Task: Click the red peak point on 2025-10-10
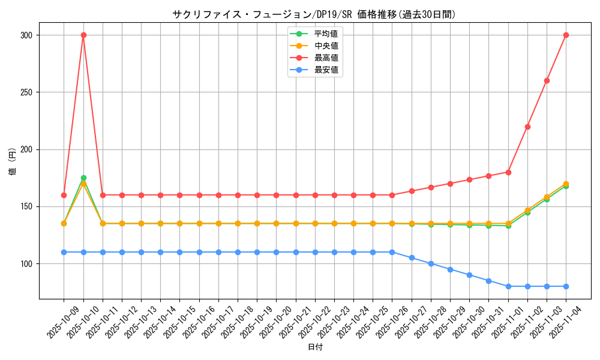[x=83, y=35]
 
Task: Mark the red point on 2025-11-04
[x=566, y=35]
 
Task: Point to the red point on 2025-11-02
[x=527, y=127]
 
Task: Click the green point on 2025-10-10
[x=83, y=178]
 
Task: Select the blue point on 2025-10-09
[x=64, y=252]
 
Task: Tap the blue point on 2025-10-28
[x=431, y=263]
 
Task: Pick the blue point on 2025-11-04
[x=566, y=286]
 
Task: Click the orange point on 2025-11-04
[x=566, y=184]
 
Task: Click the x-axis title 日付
[x=315, y=347]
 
